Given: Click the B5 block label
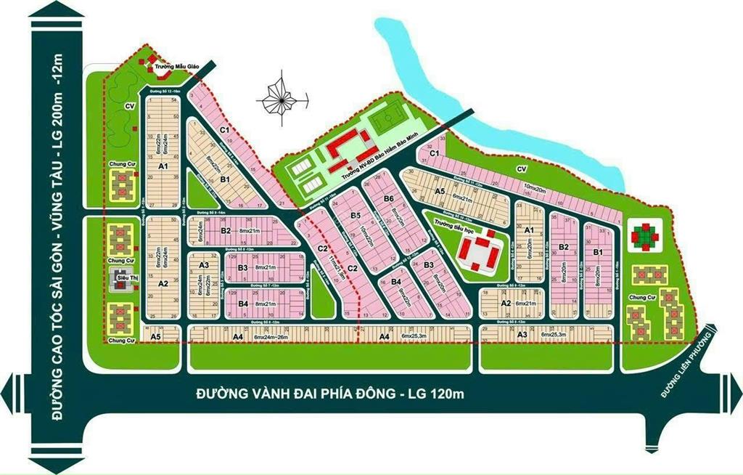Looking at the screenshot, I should tap(356, 216).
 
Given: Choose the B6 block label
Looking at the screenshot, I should tap(389, 199).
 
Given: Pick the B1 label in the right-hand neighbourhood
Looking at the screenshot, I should tap(599, 251).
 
